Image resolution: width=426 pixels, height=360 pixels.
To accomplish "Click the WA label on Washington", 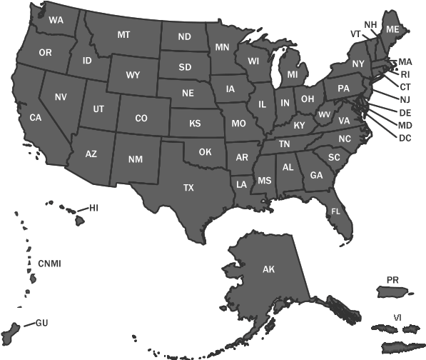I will (56, 20).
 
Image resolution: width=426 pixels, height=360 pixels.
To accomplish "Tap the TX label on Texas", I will (188, 188).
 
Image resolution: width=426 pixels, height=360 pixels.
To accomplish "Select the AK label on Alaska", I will (268, 269).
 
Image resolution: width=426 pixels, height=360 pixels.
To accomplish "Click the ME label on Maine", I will (392, 29).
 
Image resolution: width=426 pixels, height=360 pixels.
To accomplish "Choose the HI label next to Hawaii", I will (93, 208).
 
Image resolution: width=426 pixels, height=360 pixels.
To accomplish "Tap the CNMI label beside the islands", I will (49, 264).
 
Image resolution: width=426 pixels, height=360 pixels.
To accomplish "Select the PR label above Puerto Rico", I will (392, 279).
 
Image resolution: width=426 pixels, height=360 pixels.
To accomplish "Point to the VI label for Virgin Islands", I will (397, 316).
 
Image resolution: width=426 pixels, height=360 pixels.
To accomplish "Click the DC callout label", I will (405, 137).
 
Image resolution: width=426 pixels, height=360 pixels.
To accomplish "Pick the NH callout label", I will (370, 24).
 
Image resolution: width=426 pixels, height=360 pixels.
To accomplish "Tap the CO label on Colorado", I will (141, 118).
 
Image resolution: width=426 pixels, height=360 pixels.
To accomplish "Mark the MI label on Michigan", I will (293, 74).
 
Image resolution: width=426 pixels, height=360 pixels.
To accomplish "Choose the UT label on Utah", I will (98, 109).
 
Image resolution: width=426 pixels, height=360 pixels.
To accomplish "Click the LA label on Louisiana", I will (242, 184).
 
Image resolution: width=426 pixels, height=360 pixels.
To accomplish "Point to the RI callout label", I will (405, 74).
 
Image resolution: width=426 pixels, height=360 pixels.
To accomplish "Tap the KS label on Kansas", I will (195, 123).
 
